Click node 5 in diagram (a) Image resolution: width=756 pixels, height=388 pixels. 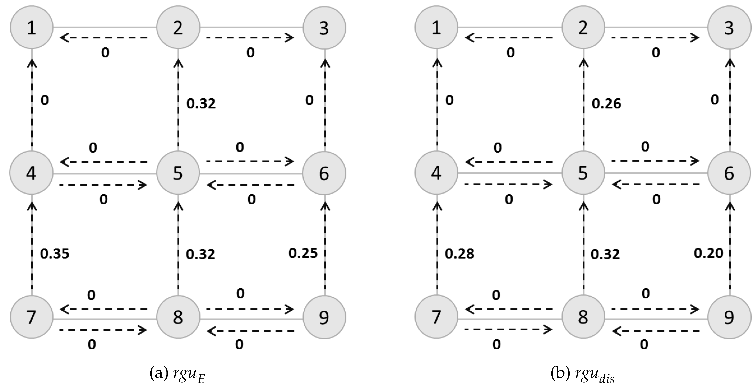[x=178, y=173]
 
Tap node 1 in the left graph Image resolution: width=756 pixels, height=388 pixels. [x=31, y=27]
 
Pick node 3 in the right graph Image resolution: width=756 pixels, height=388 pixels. [x=729, y=27]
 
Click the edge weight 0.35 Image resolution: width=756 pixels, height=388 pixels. [x=55, y=254]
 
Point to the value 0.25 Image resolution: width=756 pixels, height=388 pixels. [x=303, y=253]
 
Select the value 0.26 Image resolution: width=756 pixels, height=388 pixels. [x=606, y=104]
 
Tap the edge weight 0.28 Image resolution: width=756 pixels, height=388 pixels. [x=459, y=254]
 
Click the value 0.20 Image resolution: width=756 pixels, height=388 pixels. [x=708, y=253]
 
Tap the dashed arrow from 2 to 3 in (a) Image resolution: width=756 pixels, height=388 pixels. [x=249, y=37]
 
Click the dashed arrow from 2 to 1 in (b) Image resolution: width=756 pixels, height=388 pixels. [x=509, y=37]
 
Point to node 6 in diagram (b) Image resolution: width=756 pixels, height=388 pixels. [x=729, y=173]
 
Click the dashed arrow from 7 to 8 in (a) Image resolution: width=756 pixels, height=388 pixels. [x=103, y=330]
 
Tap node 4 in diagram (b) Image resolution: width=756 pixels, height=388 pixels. [x=436, y=173]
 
